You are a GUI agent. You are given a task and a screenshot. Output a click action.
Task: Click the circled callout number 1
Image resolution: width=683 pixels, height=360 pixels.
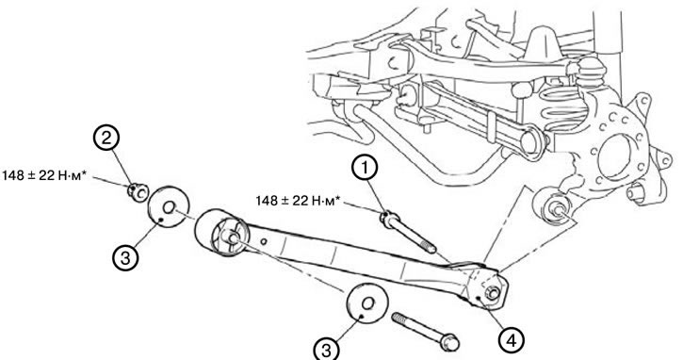pos(365,169)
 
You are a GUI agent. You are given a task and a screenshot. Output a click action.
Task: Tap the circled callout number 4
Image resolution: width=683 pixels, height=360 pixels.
pos(512,340)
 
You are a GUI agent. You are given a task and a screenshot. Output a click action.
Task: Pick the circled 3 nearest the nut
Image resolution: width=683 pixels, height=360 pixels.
pos(125,258)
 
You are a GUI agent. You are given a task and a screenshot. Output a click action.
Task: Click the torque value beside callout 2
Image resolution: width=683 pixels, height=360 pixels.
pos(43,175)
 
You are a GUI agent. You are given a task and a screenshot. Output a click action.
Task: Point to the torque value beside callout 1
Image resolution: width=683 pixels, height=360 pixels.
pos(297,201)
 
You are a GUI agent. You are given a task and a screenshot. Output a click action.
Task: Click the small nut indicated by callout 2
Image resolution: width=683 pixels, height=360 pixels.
pos(138,192)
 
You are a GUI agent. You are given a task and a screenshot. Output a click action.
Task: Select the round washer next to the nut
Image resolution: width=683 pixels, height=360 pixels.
pos(168,206)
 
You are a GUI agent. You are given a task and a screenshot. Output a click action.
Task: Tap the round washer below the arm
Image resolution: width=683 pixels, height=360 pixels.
pos(367,304)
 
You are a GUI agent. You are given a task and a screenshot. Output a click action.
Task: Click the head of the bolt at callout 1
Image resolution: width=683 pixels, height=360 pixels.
pos(388,218)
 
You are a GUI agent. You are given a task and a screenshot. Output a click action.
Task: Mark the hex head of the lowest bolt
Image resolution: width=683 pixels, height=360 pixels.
pos(449,342)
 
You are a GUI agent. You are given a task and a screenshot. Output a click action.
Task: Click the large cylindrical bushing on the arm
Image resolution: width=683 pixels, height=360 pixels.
pos(220,233)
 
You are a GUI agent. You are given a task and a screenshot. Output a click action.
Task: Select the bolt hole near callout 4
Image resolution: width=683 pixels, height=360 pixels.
pos(492,293)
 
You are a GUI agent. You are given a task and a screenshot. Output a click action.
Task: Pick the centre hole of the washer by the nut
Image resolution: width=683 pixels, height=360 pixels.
pos(170,205)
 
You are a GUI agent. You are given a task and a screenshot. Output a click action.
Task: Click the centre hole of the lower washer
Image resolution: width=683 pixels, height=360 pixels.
pos(368,303)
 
